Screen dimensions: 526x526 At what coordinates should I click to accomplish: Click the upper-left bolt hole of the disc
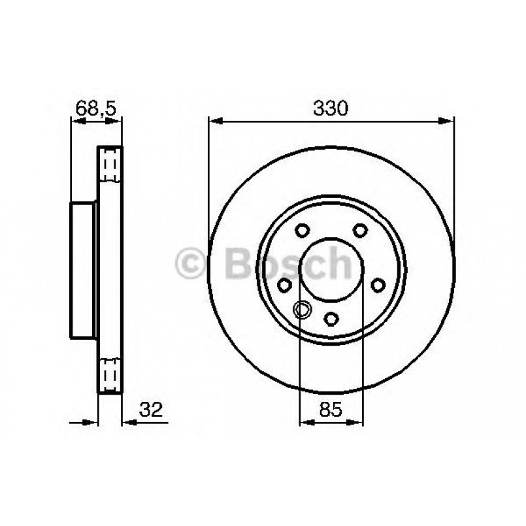pyautogui.click(x=303, y=231)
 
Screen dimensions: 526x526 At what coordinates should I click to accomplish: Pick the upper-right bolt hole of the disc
pyautogui.click(x=359, y=231)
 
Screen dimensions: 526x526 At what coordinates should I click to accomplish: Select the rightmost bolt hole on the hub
pyautogui.click(x=377, y=285)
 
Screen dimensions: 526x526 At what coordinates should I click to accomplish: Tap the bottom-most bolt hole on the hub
pyautogui.click(x=331, y=318)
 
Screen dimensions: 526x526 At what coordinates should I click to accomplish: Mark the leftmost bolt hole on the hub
pyautogui.click(x=285, y=285)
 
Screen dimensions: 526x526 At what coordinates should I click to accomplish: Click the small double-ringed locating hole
pyautogui.click(x=303, y=309)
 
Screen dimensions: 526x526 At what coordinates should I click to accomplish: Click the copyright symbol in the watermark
pyautogui.click(x=191, y=264)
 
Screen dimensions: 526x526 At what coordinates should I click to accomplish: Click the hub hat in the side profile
pyautogui.click(x=84, y=271)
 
